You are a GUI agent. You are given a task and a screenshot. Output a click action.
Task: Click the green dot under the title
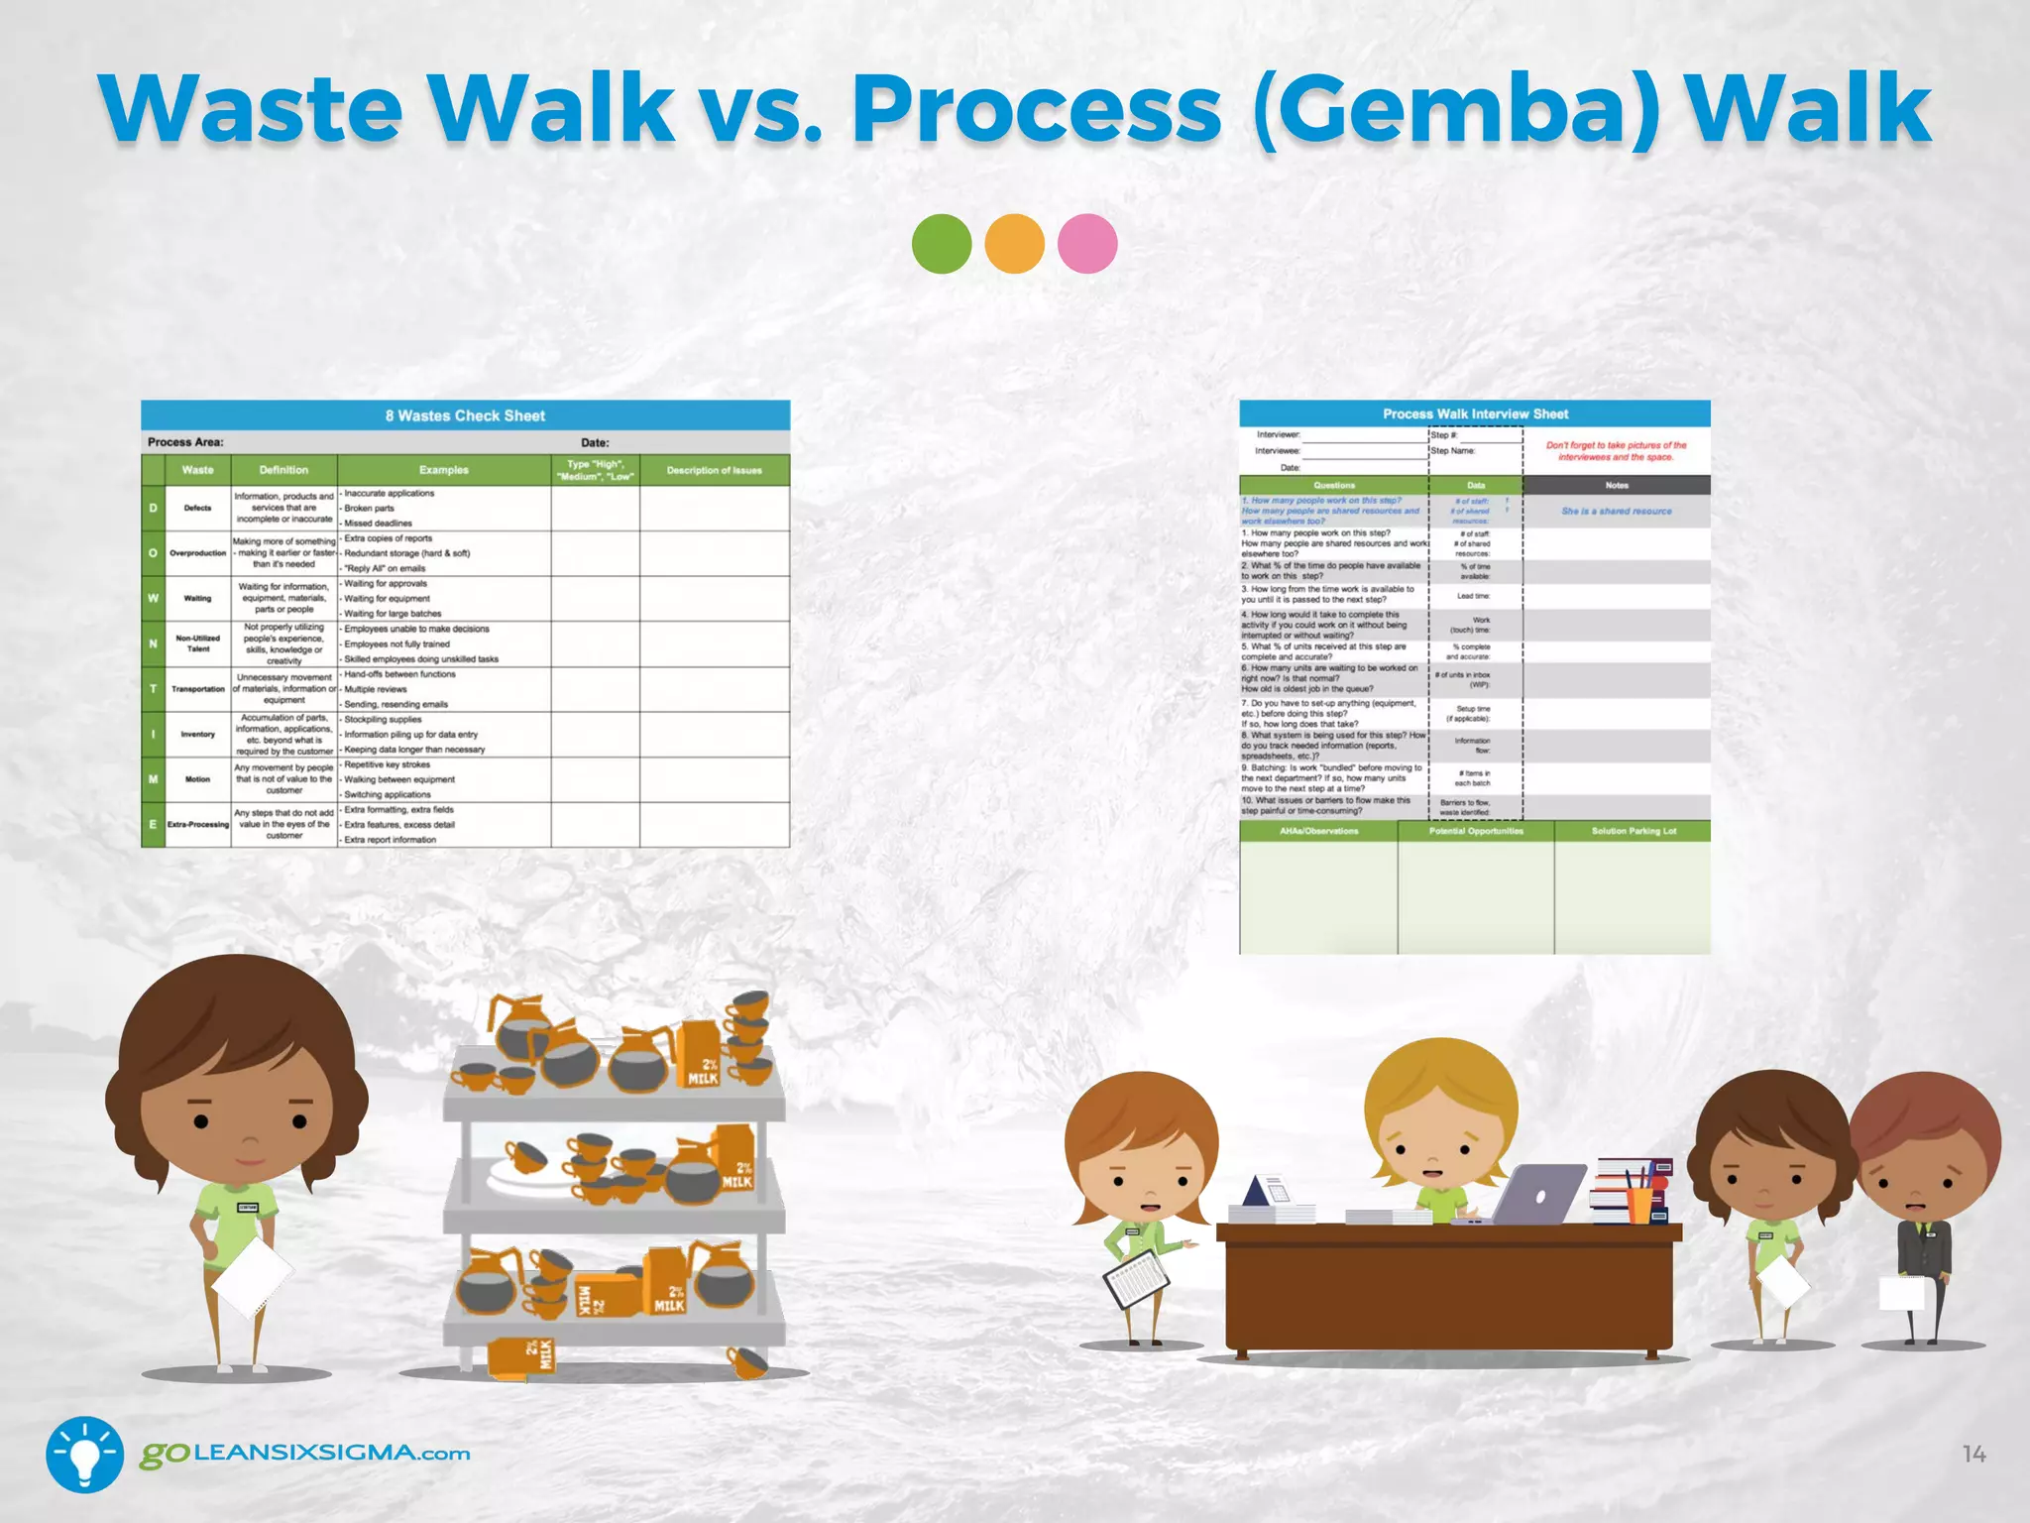[x=941, y=244]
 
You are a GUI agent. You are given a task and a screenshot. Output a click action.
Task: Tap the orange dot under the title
[x=1014, y=244]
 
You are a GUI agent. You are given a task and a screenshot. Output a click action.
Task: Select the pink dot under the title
[x=1087, y=244]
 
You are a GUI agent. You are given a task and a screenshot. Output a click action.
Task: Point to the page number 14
[x=1974, y=1455]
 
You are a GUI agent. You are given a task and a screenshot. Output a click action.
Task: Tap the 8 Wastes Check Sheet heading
[x=465, y=415]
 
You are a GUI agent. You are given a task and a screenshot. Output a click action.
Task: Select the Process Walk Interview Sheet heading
[x=1475, y=413]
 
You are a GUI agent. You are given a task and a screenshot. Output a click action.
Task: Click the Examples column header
[x=443, y=470]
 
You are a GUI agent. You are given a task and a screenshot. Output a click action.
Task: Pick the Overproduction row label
[x=197, y=553]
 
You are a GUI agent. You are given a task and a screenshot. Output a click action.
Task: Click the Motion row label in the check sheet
[x=197, y=779]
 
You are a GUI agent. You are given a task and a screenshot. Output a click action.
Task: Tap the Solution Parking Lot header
[x=1633, y=831]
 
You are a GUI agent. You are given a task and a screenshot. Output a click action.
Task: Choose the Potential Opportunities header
[x=1476, y=831]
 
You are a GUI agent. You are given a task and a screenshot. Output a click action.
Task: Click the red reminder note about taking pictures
[x=1616, y=451]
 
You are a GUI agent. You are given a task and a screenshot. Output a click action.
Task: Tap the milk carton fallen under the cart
[x=522, y=1357]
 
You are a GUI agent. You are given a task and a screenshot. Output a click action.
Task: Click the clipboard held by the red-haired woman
[x=1136, y=1277]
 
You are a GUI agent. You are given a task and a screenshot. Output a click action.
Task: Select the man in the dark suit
[x=1923, y=1210]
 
